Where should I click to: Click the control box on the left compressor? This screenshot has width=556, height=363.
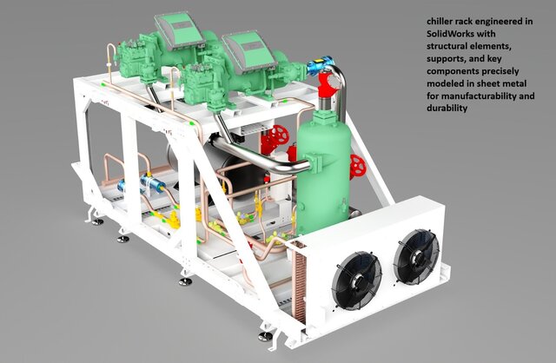tap(178, 29)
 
